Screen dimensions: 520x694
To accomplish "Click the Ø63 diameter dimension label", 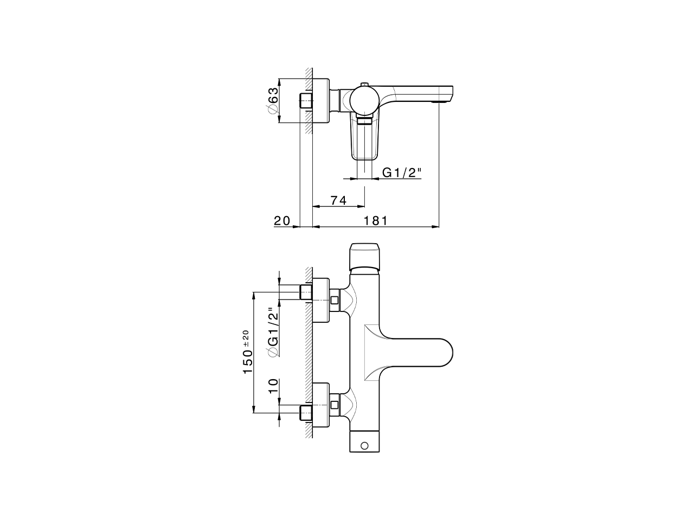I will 273,101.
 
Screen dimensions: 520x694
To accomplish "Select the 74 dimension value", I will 338,200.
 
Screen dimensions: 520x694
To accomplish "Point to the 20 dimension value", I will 282,220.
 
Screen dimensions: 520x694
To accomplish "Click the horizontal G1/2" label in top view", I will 402,172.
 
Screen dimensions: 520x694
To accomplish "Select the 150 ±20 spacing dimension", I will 247,352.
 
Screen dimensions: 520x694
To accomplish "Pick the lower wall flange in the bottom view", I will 322,405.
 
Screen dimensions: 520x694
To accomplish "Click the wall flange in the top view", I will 321,101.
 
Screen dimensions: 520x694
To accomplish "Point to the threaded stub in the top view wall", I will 306,101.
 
